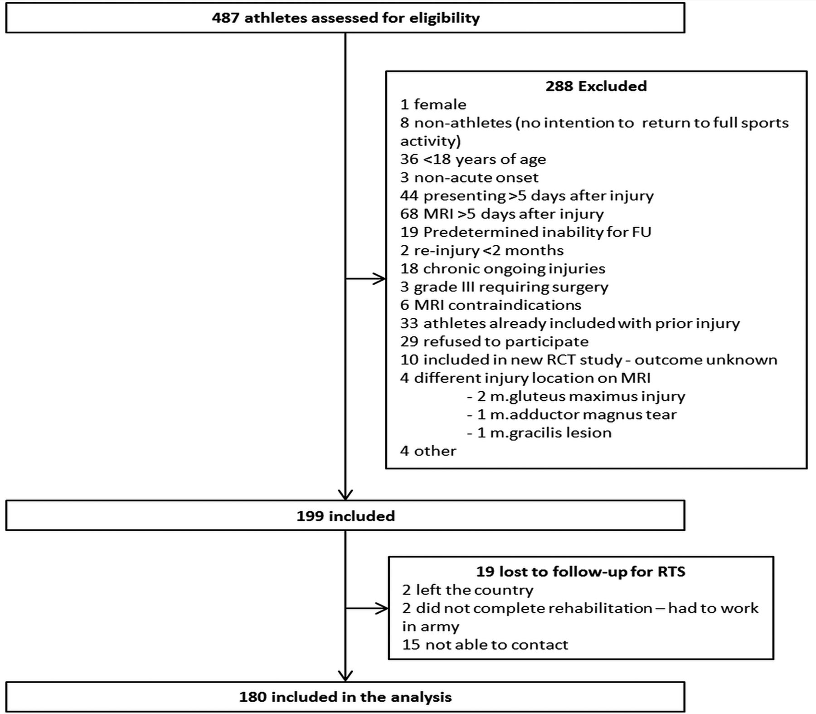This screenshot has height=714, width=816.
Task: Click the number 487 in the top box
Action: [226, 18]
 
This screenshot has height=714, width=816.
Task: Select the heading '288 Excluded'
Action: [596, 86]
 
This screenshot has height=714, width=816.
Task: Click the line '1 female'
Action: [433, 104]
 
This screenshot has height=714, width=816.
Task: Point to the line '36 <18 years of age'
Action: [473, 159]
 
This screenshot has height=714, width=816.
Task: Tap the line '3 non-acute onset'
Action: [469, 177]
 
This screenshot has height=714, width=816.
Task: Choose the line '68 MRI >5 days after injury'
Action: [502, 214]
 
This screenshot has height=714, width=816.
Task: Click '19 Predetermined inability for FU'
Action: [525, 232]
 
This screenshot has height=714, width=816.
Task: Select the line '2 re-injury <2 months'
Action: [482, 250]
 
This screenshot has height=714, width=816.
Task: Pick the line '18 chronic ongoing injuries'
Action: [503, 268]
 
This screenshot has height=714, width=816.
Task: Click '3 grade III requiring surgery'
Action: [504, 287]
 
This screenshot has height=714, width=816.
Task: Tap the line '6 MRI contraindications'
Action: [491, 305]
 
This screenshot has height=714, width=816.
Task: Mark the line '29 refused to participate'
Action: [494, 341]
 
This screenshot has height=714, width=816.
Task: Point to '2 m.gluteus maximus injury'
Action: [576, 396]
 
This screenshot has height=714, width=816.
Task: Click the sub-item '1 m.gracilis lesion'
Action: [539, 432]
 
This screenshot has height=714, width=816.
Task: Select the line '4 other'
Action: [428, 451]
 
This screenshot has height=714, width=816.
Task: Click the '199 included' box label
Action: [345, 516]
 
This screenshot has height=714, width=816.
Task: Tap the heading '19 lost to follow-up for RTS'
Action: [580, 571]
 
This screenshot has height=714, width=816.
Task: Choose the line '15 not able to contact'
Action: [485, 644]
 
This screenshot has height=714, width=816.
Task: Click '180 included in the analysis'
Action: [345, 697]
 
